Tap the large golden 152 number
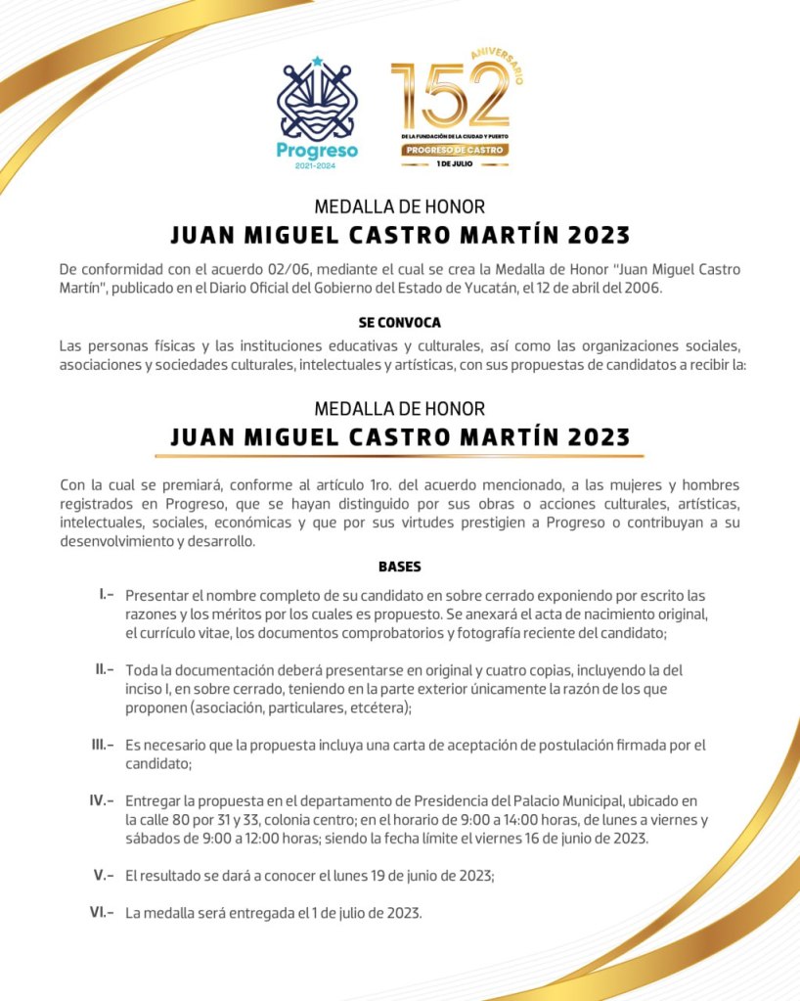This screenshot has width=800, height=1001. [450, 96]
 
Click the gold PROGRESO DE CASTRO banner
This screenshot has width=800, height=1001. [455, 150]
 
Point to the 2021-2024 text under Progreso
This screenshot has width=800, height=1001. [317, 166]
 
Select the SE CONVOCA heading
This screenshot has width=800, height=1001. [399, 322]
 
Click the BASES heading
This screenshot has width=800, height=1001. [399, 567]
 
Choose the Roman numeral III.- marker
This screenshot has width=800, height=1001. [103, 745]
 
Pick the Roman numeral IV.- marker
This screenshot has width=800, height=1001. [102, 800]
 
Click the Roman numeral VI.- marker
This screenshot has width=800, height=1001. [102, 912]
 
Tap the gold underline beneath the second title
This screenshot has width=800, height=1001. [399, 456]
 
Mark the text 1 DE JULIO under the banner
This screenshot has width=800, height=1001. [455, 164]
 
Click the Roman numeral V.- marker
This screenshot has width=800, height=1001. [105, 875]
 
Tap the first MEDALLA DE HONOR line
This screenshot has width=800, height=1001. [399, 207]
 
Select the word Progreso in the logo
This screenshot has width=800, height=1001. [317, 151]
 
